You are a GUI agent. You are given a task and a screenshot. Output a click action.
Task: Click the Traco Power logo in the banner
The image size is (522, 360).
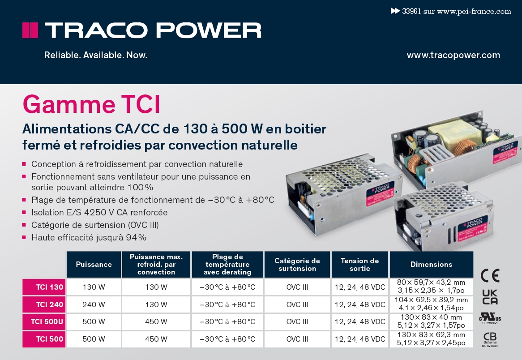(141, 30)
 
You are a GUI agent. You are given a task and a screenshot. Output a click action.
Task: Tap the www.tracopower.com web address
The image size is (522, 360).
(453, 56)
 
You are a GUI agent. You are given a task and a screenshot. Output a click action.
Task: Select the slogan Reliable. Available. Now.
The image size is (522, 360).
(95, 56)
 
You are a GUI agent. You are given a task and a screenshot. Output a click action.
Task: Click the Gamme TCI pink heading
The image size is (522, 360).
(91, 104)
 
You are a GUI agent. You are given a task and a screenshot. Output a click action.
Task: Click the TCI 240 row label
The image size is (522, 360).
(43, 304)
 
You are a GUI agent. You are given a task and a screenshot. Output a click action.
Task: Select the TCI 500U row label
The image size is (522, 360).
(43, 321)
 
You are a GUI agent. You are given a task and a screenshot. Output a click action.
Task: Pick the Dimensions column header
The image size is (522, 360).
(431, 264)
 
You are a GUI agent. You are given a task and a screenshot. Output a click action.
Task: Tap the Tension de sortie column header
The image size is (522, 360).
(359, 264)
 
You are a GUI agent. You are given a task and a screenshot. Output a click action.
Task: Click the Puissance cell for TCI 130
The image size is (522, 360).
(94, 287)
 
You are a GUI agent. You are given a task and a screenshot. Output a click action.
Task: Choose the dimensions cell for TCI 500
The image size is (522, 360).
(431, 339)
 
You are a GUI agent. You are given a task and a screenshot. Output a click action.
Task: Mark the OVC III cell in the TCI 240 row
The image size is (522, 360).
(297, 304)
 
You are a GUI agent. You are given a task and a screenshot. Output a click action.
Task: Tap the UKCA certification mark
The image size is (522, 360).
(490, 297)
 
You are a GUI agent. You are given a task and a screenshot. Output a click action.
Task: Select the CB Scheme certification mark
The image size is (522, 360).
(490, 339)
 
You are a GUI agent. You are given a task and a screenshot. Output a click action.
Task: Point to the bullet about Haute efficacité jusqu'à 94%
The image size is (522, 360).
(89, 237)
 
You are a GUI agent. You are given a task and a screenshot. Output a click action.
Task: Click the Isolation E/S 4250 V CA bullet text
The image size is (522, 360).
(99, 212)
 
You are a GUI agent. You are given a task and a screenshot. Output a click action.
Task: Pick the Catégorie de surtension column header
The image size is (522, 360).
(297, 264)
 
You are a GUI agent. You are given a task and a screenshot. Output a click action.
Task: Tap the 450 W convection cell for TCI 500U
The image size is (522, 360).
(156, 321)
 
